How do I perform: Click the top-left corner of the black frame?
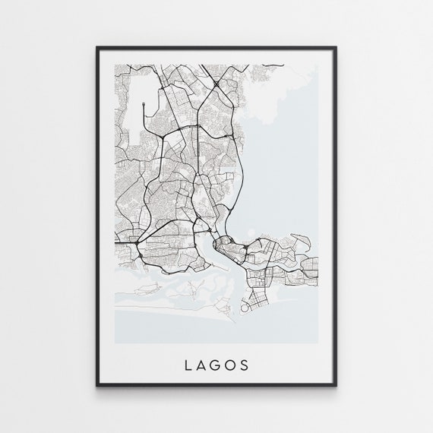coord(97,48)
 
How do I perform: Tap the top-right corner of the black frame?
coord(335,48)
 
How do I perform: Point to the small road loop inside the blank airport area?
coord(143,100)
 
